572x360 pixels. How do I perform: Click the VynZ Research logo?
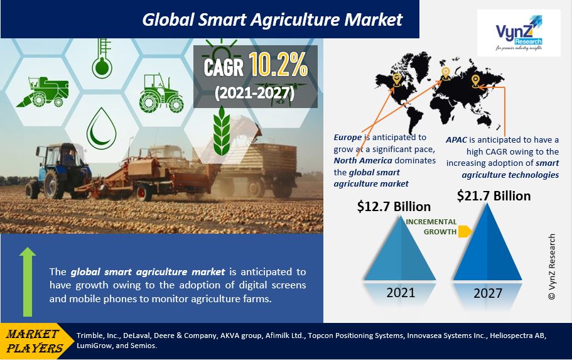[x=519, y=33]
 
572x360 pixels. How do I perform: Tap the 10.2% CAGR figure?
[x=278, y=65]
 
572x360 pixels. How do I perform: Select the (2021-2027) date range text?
[x=255, y=93]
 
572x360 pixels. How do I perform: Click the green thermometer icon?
[x=102, y=58]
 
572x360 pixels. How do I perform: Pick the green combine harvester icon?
[x=42, y=92]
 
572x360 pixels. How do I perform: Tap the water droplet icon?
[x=102, y=128]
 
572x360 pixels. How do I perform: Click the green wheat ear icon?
[x=222, y=131]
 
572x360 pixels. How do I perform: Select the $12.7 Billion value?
[x=394, y=207]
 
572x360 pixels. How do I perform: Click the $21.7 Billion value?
[x=494, y=196]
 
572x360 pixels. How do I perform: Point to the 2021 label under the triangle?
[x=401, y=292]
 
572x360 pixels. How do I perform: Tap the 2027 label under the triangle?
[x=488, y=293]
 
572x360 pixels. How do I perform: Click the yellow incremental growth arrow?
[x=465, y=231]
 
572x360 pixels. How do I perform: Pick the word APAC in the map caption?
[x=456, y=140]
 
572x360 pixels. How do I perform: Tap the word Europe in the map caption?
[x=348, y=138]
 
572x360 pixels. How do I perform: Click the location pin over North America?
[x=397, y=80]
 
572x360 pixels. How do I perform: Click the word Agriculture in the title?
[x=294, y=19]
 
